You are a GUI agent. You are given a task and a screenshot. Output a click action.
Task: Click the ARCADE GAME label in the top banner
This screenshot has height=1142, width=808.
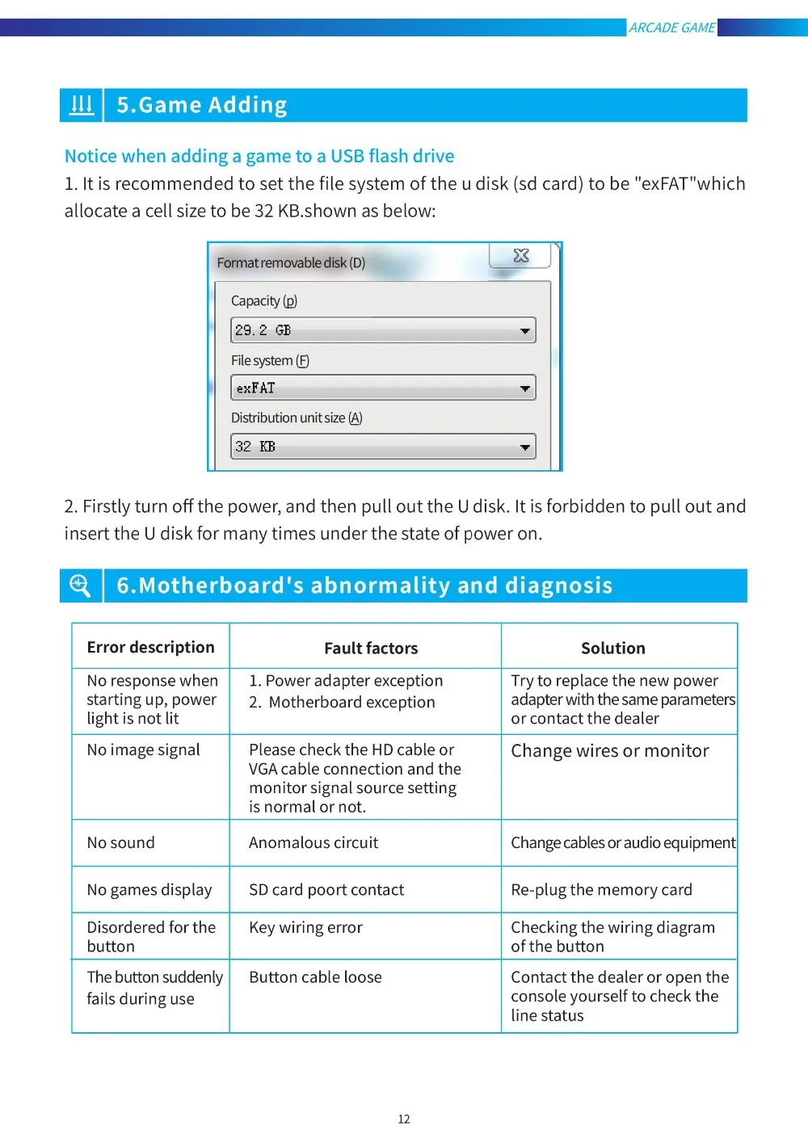(671, 27)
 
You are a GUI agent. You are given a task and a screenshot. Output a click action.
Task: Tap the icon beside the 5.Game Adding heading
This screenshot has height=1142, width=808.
(82, 105)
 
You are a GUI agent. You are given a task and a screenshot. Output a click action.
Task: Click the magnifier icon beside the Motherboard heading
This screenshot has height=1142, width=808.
(81, 585)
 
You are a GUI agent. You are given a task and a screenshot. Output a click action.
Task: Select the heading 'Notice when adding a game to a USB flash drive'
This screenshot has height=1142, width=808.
(259, 156)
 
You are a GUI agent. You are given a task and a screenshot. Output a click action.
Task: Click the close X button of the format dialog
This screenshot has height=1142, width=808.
(521, 256)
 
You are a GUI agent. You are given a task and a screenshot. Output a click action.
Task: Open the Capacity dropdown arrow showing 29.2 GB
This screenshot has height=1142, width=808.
(525, 330)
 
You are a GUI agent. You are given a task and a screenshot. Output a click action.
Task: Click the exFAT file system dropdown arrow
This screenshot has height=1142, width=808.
(525, 388)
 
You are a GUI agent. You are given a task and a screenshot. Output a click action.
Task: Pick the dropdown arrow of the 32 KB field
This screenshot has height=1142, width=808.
(525, 447)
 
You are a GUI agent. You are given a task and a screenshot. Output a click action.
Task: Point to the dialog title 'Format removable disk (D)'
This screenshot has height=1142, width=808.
(291, 262)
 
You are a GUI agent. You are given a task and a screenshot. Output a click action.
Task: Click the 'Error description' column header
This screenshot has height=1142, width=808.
(151, 647)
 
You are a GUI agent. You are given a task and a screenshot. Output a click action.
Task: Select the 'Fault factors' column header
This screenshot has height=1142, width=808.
(371, 648)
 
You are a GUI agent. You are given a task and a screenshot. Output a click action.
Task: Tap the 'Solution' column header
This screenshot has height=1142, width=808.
(613, 648)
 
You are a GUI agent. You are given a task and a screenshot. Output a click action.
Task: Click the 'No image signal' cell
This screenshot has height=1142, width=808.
(144, 749)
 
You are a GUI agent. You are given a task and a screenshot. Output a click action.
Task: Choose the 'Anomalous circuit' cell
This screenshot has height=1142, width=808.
(314, 842)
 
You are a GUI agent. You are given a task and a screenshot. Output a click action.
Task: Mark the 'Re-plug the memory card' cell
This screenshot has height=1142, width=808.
(601, 889)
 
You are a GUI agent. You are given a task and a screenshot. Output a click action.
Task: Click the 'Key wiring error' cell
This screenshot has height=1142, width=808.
(305, 927)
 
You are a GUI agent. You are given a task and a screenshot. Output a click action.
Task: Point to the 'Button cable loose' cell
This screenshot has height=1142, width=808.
(315, 976)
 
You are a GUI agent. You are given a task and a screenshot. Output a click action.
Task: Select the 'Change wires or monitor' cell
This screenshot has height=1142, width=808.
(610, 750)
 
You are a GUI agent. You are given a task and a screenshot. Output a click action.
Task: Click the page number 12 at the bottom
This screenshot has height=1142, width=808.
(404, 1119)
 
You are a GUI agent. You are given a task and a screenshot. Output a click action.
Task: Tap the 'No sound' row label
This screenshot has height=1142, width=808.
(121, 842)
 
